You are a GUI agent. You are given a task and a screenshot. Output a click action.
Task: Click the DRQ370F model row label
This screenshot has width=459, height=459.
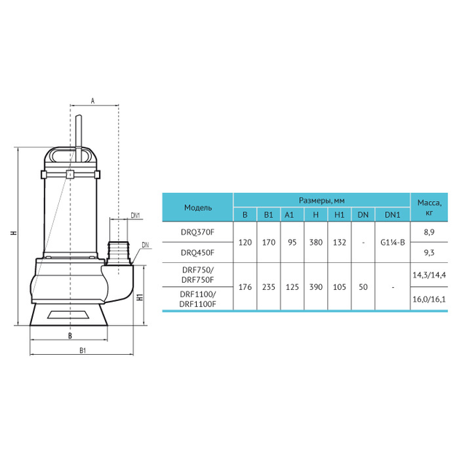click(197, 232)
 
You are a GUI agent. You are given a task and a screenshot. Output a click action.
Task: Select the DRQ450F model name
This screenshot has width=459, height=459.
click(197, 252)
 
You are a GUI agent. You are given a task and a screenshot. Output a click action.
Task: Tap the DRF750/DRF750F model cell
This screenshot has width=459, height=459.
click(197, 275)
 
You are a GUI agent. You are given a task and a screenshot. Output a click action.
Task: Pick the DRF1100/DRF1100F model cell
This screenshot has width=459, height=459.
click(197, 299)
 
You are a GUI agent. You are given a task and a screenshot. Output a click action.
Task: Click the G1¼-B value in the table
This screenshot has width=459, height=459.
click(393, 243)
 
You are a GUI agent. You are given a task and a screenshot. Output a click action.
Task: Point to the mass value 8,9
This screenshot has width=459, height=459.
click(429, 232)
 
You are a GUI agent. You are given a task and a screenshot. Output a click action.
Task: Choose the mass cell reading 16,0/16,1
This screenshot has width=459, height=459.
click(429, 299)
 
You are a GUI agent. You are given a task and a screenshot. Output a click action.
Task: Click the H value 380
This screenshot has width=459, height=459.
click(316, 243)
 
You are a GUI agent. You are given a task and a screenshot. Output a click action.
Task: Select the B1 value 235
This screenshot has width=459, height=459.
click(268, 287)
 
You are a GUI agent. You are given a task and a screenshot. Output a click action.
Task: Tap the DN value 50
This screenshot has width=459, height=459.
click(363, 287)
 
